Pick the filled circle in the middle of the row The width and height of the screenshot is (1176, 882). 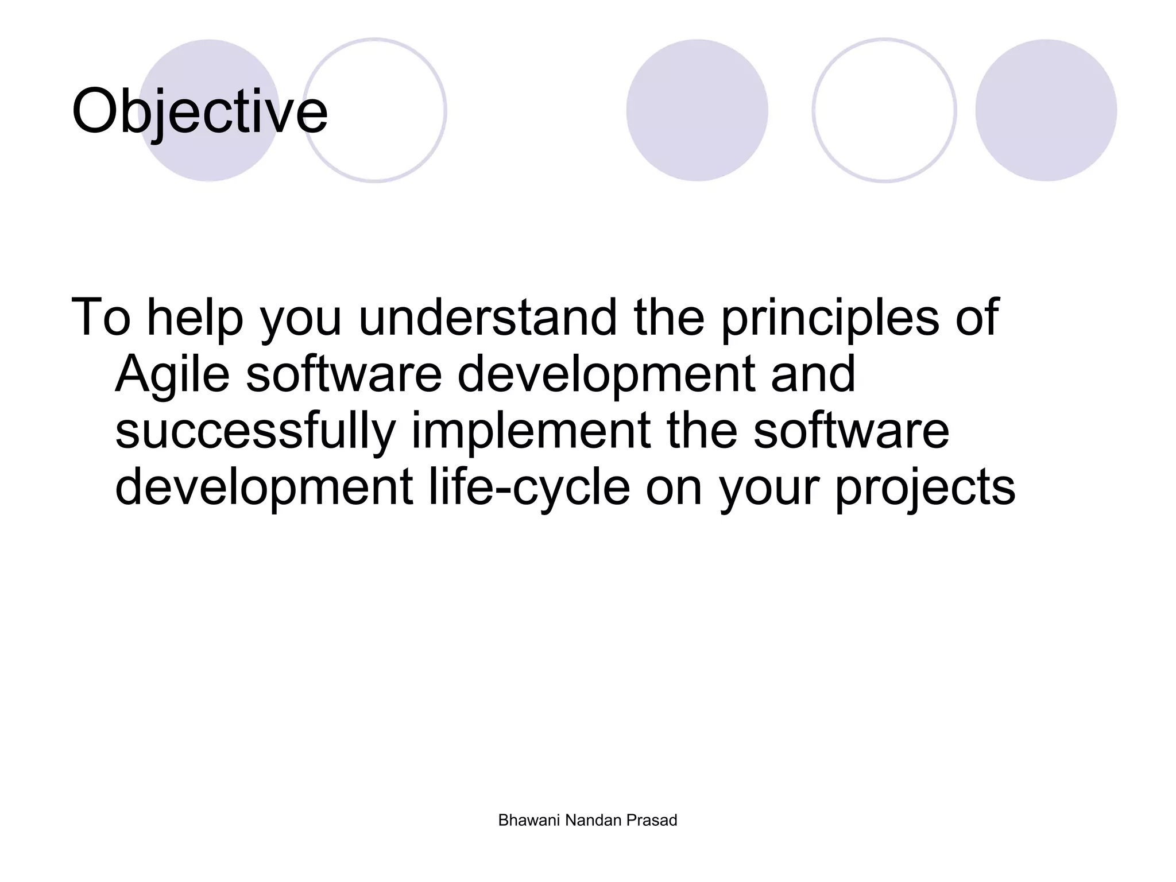697,110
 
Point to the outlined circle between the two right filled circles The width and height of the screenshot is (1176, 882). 884,110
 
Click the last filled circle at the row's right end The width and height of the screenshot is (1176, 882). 1046,110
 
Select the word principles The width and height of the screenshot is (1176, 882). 830,319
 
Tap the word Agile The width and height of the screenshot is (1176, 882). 172,374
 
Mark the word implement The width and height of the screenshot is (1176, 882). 531,432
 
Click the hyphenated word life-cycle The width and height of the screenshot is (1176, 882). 529,488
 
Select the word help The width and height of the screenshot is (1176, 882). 195,319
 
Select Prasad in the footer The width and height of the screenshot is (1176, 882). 652,821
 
